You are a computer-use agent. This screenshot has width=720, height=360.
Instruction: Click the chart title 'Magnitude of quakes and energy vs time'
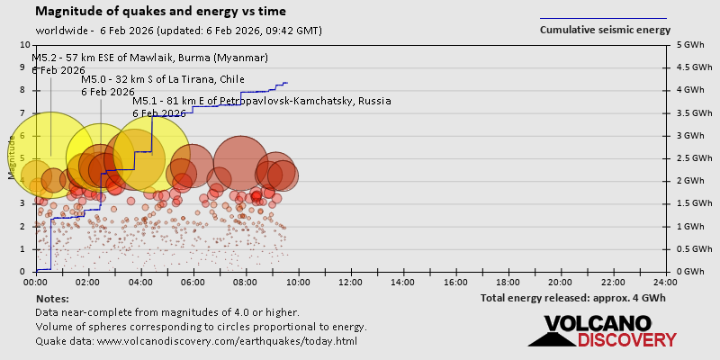pos(161,12)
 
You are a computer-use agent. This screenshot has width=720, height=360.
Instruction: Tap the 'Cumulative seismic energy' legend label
pos(605,30)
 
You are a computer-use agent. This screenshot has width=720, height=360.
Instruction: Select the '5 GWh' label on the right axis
pos(688,45)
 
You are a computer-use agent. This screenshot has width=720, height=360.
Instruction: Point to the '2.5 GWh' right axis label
pos(692,158)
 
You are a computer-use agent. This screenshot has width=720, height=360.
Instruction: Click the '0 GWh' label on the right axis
pos(688,272)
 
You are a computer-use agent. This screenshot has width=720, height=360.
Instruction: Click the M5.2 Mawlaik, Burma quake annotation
pos(150,58)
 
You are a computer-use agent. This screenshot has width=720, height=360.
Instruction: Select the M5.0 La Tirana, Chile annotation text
pos(163,79)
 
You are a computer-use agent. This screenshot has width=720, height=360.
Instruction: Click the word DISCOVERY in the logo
pos(626,339)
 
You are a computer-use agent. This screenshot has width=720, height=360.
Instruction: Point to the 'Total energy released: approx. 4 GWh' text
pos(575,298)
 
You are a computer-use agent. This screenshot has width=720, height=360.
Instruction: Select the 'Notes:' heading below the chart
pos(52,298)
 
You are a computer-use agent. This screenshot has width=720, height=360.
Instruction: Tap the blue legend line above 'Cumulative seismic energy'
pos(603,18)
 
